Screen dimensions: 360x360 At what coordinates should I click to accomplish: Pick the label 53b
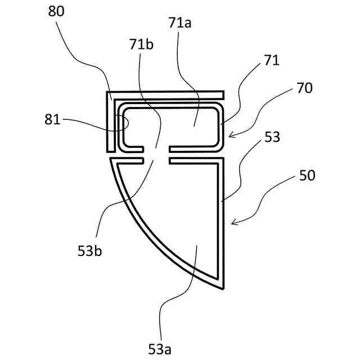pos(91,251)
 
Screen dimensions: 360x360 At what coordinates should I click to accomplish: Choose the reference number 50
pos(307,175)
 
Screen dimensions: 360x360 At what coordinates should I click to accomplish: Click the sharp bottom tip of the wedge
pos(223,289)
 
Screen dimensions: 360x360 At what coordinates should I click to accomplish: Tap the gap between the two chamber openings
pos(162,155)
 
